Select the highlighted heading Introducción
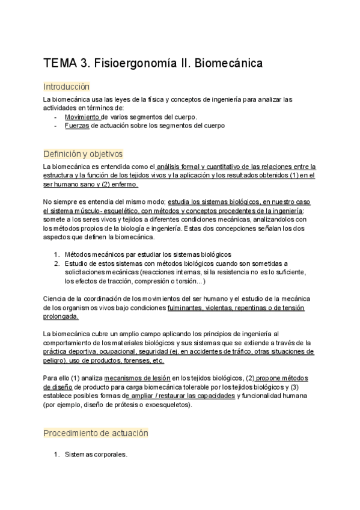[66, 87]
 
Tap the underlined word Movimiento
[82, 117]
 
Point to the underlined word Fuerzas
[76, 126]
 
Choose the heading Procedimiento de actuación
[96, 433]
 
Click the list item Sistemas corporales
[96, 455]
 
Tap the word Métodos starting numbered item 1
[79, 254]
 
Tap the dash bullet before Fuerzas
[56, 126]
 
